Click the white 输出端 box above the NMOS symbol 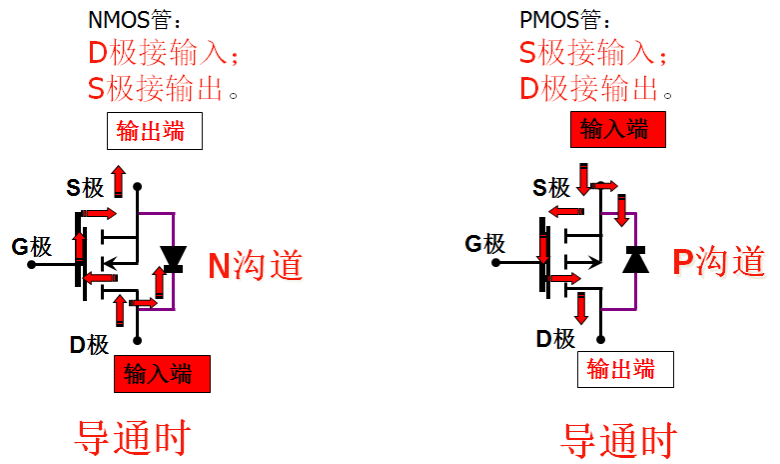pos(155,132)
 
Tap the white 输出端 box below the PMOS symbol pos(625,369)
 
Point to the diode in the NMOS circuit pos(174,259)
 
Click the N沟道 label pos(255,265)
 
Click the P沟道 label pos(718,262)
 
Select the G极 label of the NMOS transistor pos(32,246)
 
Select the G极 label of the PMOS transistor pos(486,243)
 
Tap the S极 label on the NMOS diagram pos(86,187)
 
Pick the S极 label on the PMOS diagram pos(551,187)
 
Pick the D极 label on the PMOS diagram pos(555,339)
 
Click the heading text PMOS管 pos(562,20)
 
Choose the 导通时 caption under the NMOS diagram pos(133,437)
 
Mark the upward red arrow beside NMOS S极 pos(118,180)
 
